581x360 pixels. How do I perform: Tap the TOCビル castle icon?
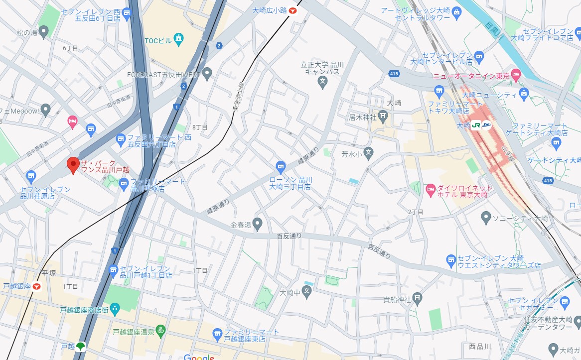(179, 39)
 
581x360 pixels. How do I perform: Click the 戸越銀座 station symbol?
(37, 287)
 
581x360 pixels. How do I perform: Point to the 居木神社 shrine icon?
(383, 118)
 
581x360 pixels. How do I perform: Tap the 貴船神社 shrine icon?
(418, 299)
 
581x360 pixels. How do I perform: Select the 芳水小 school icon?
(368, 153)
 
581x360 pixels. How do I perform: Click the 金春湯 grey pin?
(258, 224)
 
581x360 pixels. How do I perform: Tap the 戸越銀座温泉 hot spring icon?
(161, 331)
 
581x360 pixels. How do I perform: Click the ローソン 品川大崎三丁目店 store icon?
(281, 165)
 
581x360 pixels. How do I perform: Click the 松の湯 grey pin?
(44, 33)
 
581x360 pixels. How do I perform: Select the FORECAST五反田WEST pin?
(207, 75)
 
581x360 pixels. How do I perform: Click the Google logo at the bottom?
(198, 357)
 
